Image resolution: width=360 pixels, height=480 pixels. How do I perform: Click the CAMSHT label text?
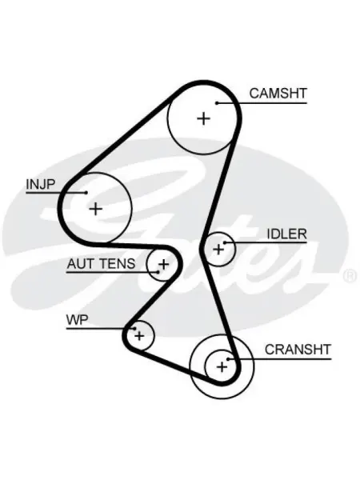pos(278,94)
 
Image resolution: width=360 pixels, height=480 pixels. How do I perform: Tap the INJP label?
pos(41,185)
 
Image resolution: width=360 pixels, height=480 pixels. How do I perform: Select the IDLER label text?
pos(287,234)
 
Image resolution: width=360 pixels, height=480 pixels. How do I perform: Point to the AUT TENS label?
pos(101,263)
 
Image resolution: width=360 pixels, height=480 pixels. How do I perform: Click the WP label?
pos(77,320)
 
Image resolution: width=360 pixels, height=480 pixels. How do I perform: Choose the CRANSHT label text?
pos(298,350)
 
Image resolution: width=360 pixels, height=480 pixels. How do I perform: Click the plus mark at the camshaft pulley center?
pos(203,118)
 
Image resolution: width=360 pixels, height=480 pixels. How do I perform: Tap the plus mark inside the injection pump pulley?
pos(96,209)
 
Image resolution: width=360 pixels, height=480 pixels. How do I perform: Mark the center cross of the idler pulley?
pos(218,249)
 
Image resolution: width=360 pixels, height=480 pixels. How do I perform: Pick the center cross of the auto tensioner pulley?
pos(164,264)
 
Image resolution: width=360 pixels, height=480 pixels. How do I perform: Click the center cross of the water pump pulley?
pos(139,336)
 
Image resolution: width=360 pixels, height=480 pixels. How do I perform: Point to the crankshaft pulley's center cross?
pos(222,366)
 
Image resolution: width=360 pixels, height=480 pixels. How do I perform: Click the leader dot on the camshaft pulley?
pos(217,103)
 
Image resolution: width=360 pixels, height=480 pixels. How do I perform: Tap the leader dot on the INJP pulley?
pos(86,193)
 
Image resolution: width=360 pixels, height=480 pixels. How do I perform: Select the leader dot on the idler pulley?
pos(225,242)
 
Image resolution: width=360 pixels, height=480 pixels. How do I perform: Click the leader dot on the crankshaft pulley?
pos(228,358)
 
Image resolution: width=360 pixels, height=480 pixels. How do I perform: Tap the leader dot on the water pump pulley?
pos(134,329)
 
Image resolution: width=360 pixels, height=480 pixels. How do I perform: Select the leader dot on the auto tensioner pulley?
pos(158,271)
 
